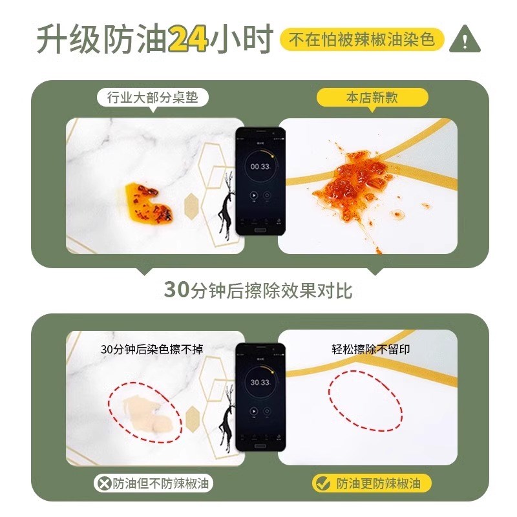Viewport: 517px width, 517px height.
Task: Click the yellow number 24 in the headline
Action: (x=188, y=39)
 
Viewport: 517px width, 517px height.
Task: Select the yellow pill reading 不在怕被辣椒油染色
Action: (x=362, y=39)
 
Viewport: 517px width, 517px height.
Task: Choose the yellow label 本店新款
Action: (x=372, y=98)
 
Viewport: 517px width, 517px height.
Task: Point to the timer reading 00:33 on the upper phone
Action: (x=260, y=166)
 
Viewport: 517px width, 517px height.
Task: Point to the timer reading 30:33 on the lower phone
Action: (x=260, y=383)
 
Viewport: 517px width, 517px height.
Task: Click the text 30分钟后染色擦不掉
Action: (x=153, y=350)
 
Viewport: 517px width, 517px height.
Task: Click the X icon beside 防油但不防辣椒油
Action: (x=104, y=483)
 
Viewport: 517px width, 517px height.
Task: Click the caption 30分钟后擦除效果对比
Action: (x=258, y=290)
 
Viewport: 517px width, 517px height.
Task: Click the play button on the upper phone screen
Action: (x=255, y=196)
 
